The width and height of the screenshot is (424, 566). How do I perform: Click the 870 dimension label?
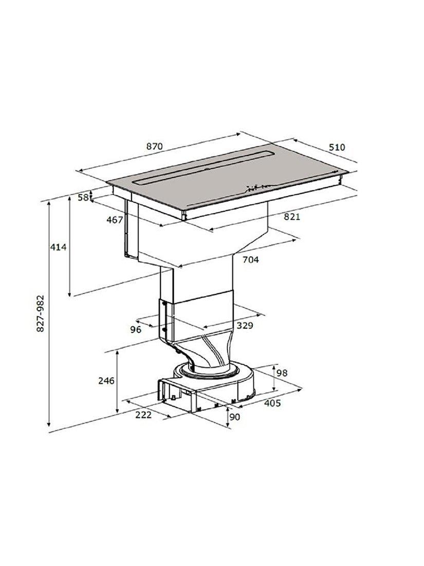pyautogui.click(x=155, y=147)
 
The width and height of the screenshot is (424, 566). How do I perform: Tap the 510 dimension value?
pyautogui.click(x=337, y=147)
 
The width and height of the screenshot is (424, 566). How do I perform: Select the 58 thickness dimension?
pyautogui.click(x=83, y=197)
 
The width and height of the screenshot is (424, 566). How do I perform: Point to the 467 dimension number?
pyautogui.click(x=115, y=220)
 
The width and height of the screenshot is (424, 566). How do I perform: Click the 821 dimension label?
pyautogui.click(x=292, y=217)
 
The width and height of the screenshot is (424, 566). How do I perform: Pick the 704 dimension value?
pyautogui.click(x=250, y=259)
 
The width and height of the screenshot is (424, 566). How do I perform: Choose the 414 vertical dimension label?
pyautogui.click(x=58, y=247)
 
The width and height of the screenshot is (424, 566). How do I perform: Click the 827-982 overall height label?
pyautogui.click(x=41, y=314)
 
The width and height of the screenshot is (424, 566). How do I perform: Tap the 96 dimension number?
pyautogui.click(x=136, y=329)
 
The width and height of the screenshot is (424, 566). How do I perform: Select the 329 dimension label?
pyautogui.click(x=245, y=326)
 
